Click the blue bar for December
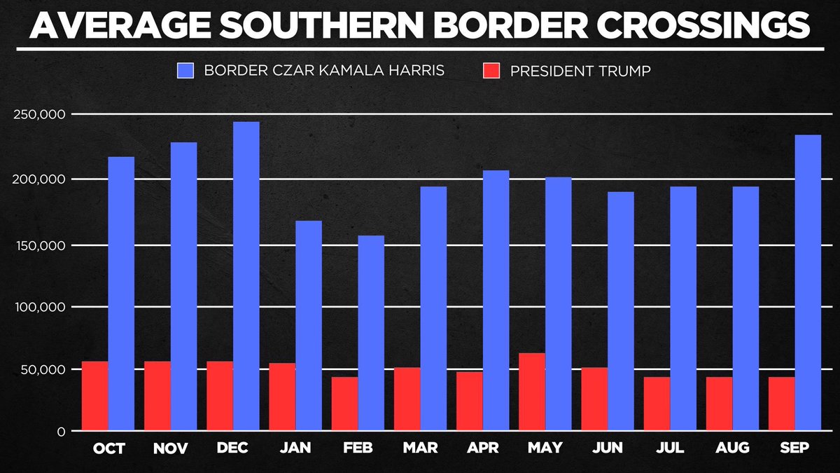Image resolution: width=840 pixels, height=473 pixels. (x=246, y=276)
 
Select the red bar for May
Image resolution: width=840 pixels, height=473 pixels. (x=532, y=392)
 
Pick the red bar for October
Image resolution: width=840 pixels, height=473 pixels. (x=95, y=396)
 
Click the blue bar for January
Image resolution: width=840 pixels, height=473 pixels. (x=309, y=325)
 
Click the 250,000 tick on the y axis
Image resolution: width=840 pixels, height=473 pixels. (x=40, y=114)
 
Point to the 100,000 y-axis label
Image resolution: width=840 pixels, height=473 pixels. (x=40, y=307)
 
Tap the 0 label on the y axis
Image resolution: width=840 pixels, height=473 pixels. (x=62, y=431)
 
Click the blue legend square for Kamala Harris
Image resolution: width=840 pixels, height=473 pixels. (x=185, y=71)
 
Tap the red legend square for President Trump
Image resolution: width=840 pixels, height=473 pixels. (x=492, y=71)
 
